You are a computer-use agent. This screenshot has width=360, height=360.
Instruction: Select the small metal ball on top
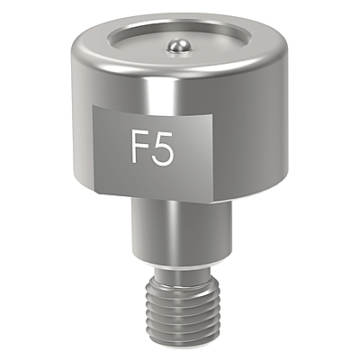tap(178, 47)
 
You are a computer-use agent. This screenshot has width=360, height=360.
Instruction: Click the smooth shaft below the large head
tap(182, 231)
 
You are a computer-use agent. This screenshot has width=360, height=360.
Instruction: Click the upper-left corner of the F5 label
tap(93, 105)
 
